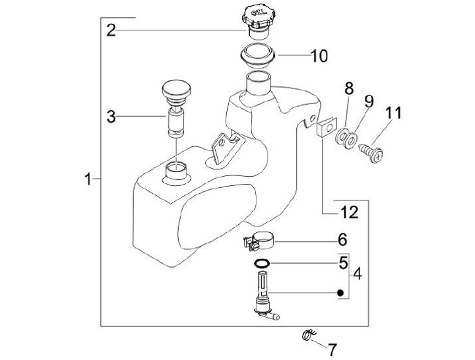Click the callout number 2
(111, 30)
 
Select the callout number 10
(319, 55)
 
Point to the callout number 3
(111, 117)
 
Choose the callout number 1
(88, 179)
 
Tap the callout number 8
(349, 88)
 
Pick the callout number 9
(369, 102)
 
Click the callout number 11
(393, 113)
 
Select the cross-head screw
(371, 153)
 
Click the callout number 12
(350, 212)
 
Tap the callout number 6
(342, 240)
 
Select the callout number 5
(343, 262)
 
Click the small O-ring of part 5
(262, 263)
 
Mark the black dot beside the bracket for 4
(340, 293)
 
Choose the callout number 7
(332, 350)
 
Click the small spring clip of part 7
(309, 335)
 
